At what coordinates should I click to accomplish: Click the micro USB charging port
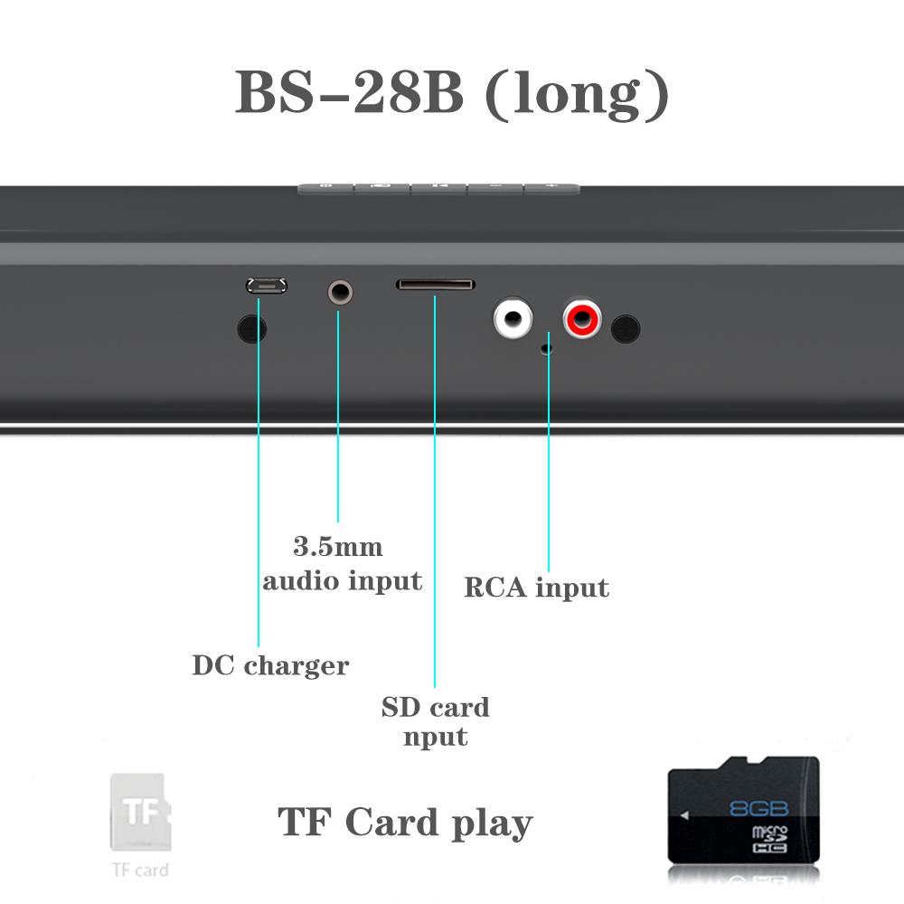pyautogui.click(x=267, y=286)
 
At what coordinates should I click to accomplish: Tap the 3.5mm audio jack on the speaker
pyautogui.click(x=339, y=292)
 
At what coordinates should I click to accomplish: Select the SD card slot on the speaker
pyautogui.click(x=435, y=285)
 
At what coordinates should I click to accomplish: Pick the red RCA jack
pyautogui.click(x=582, y=318)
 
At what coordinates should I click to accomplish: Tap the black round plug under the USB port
pyautogui.click(x=252, y=328)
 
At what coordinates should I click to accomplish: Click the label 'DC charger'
pyautogui.click(x=270, y=666)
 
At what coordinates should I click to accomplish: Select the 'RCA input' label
pyautogui.click(x=536, y=589)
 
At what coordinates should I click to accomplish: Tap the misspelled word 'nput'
pyautogui.click(x=435, y=737)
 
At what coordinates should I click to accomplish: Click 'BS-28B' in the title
pyautogui.click(x=349, y=92)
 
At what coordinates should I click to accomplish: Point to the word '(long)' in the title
pyautogui.click(x=578, y=94)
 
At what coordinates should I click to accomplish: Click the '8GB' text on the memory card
pyautogui.click(x=758, y=807)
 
